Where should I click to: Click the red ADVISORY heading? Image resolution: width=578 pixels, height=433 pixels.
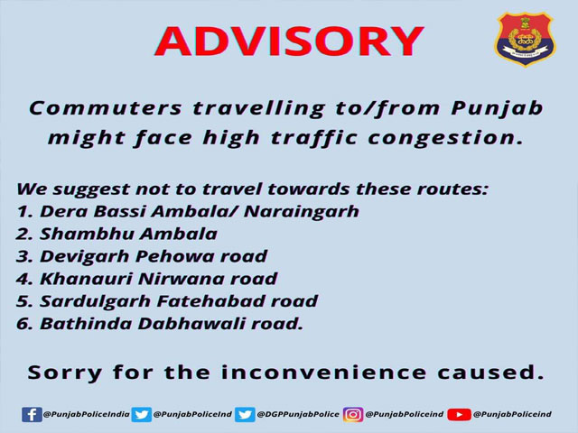pyautogui.click(x=289, y=41)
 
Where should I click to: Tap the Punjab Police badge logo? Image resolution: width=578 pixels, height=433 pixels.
pyautogui.click(x=526, y=39)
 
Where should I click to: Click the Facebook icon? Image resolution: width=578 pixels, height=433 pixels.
pyautogui.click(x=32, y=415)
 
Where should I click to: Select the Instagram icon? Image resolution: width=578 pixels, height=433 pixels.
pyautogui.click(x=353, y=415)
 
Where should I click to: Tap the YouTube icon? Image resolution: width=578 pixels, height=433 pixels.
pyautogui.click(x=459, y=415)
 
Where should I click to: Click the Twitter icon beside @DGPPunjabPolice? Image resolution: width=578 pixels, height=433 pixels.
pyautogui.click(x=245, y=415)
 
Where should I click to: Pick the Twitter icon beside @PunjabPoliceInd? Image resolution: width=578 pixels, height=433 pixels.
pyautogui.click(x=142, y=415)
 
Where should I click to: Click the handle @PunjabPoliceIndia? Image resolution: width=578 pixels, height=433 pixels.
pyautogui.click(x=87, y=414)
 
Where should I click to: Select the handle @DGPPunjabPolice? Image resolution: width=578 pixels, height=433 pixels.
pyautogui.click(x=298, y=414)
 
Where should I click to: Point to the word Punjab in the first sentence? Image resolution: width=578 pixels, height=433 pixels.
pyautogui.click(x=497, y=109)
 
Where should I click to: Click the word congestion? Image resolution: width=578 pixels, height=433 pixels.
pyautogui.click(x=445, y=139)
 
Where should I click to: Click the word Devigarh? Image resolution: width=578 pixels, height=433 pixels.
pyautogui.click(x=84, y=257)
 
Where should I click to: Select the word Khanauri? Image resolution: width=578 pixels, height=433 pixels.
pyautogui.click(x=86, y=279)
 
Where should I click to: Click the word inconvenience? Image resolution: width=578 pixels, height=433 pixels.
pyautogui.click(x=323, y=373)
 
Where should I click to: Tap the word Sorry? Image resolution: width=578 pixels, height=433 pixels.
pyautogui.click(x=64, y=373)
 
